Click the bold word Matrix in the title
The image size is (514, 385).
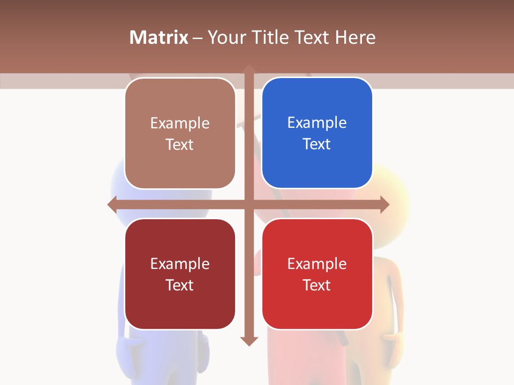tap(159, 37)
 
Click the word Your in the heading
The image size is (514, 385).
tap(225, 37)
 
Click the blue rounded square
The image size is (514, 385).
tap(317, 133)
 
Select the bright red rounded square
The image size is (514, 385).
tap(317, 274)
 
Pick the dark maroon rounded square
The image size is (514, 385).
tap(180, 274)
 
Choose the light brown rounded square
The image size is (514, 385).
tap(180, 133)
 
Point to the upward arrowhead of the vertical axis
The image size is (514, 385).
tap(249, 68)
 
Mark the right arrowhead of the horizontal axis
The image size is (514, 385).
tap(385, 204)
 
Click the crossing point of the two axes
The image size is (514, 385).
tap(249, 204)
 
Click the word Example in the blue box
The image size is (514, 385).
tap(317, 123)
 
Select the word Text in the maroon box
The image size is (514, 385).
tap(180, 285)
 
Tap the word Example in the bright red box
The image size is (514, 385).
tap(317, 264)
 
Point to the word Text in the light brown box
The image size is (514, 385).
tap(180, 144)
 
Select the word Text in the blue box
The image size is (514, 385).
tap(317, 144)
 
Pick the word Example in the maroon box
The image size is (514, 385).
tap(180, 264)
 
